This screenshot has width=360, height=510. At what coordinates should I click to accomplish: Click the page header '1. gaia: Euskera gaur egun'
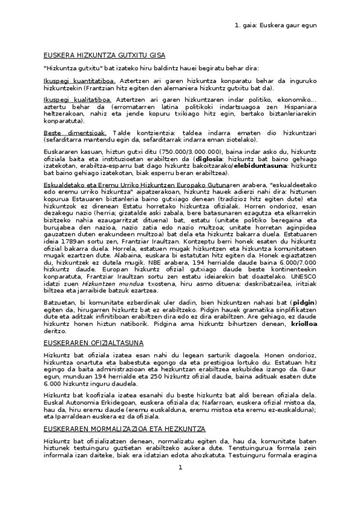(275, 25)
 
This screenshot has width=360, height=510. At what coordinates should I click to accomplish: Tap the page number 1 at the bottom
(179, 484)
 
